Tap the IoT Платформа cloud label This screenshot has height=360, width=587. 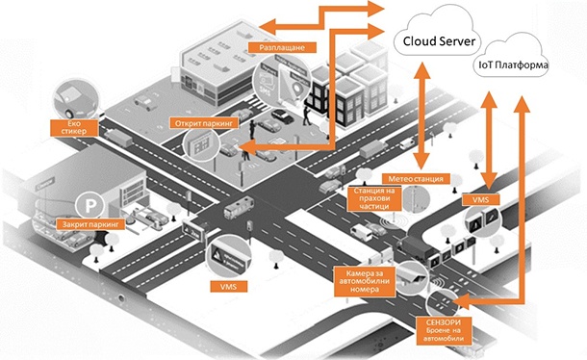coord(513,65)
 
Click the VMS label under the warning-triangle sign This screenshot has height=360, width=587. coord(229,287)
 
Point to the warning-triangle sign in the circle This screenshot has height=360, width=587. coord(229,256)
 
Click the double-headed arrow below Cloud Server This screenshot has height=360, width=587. coord(420,116)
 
